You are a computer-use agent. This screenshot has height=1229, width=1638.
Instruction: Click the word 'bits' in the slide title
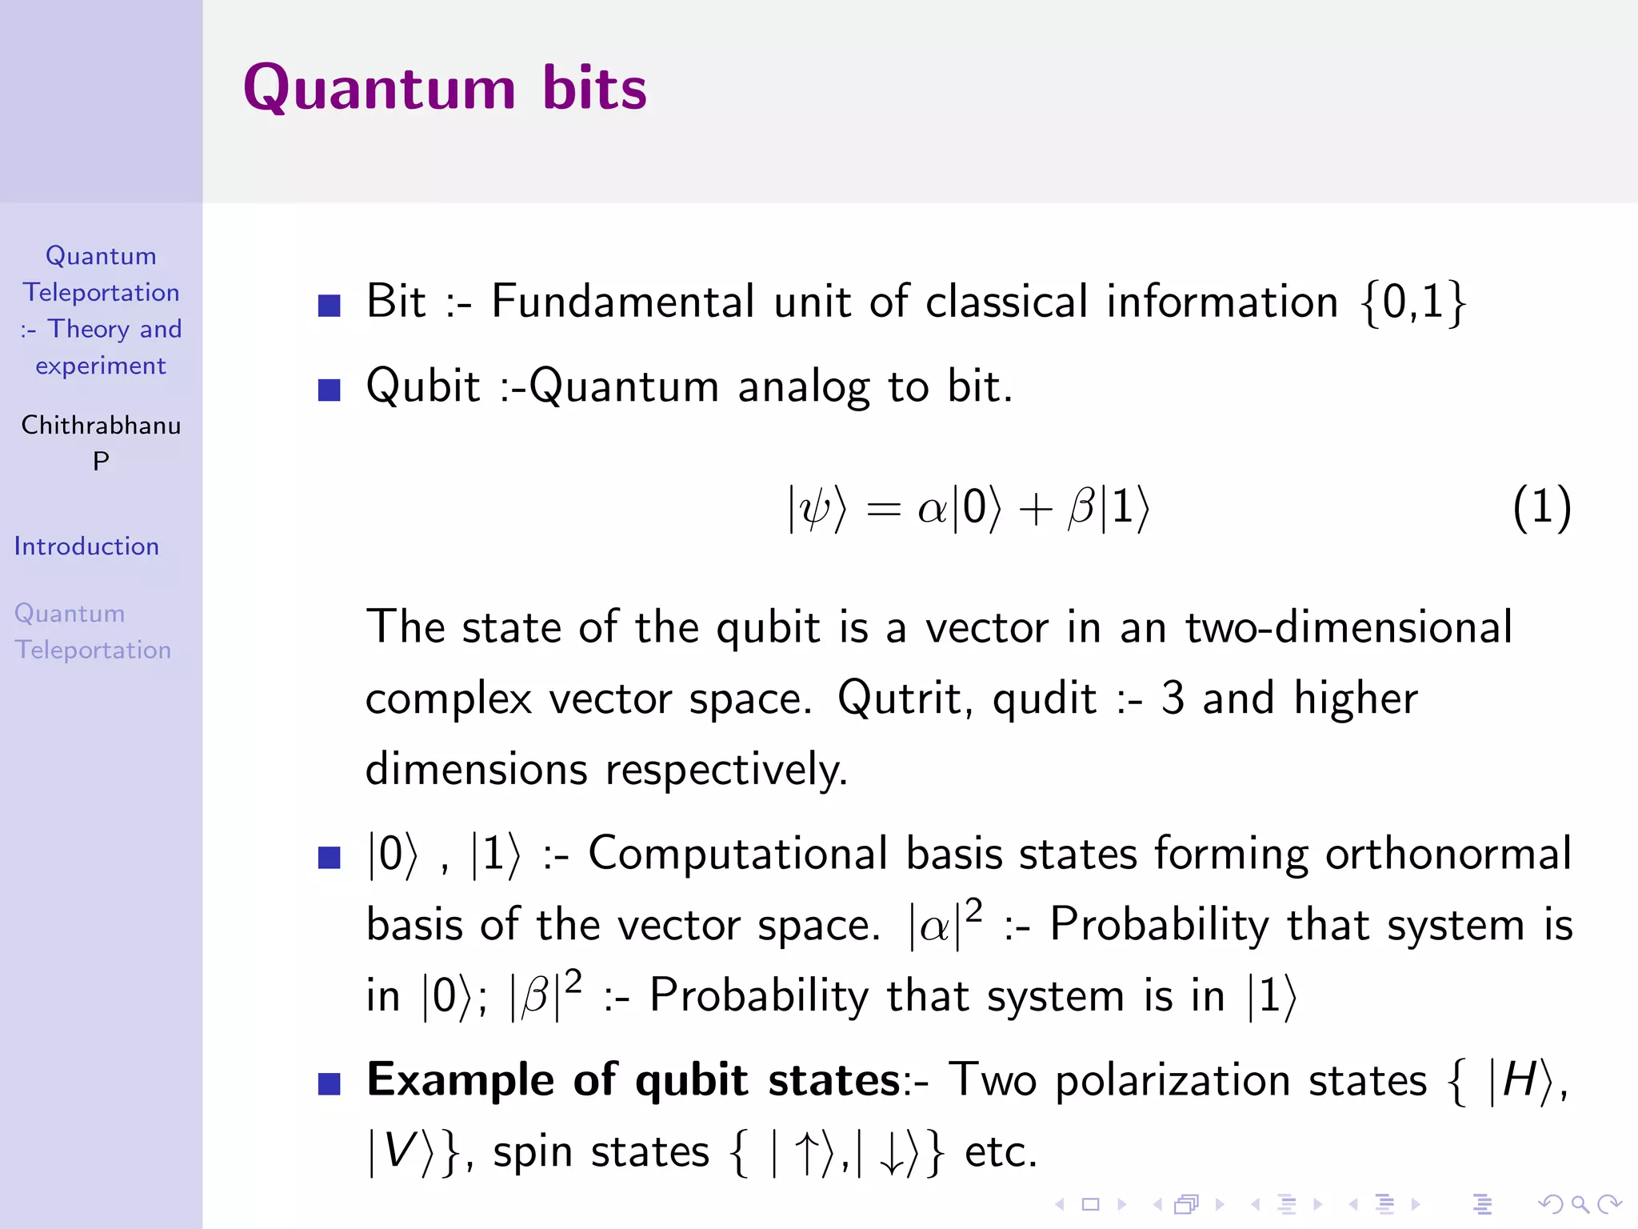point(593,88)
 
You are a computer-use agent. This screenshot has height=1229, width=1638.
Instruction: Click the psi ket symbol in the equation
point(816,508)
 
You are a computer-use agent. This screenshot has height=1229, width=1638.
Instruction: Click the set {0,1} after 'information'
point(1412,302)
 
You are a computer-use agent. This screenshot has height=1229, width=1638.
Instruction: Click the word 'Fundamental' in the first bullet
point(622,302)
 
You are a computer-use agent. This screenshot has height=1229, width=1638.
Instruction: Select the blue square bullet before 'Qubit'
point(330,390)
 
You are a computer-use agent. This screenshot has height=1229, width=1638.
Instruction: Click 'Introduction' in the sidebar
point(86,546)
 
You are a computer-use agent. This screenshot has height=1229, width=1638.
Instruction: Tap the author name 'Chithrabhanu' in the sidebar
point(101,425)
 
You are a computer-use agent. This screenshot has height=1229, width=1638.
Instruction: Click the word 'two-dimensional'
point(1348,627)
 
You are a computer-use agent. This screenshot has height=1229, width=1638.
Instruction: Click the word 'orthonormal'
point(1448,853)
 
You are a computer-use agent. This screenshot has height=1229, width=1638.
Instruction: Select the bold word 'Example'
point(460,1080)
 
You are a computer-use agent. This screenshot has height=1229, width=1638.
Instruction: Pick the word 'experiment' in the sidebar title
point(101,366)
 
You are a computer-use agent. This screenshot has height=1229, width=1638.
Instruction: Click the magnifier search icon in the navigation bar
point(1580,1204)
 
